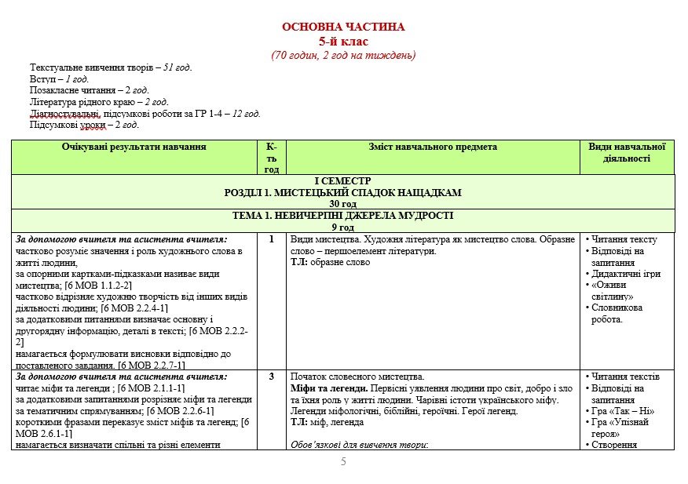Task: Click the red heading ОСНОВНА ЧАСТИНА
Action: click(x=343, y=27)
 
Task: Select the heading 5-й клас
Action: click(x=343, y=42)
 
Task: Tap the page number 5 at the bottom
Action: click(x=343, y=461)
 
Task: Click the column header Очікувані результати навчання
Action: click(x=134, y=147)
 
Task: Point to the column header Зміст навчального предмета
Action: click(x=433, y=147)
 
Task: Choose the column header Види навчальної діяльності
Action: click(x=627, y=152)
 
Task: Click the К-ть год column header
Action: click(x=272, y=158)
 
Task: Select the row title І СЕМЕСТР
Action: click(x=343, y=180)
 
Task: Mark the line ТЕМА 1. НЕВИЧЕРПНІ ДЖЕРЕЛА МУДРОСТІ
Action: click(x=343, y=215)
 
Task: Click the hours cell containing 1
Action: click(x=272, y=240)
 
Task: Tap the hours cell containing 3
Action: click(x=272, y=377)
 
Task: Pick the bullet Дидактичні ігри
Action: click(x=625, y=274)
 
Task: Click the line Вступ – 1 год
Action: click(x=60, y=79)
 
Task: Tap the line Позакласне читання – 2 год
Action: click(x=90, y=90)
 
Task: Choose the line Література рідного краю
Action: click(x=99, y=102)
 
